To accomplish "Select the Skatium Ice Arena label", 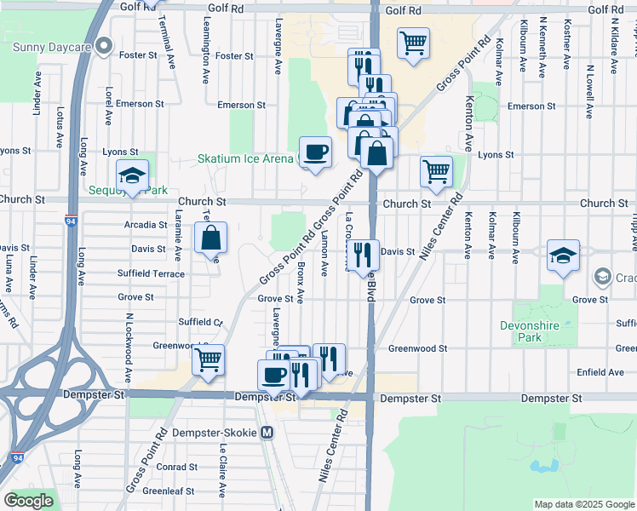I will pos(245,158).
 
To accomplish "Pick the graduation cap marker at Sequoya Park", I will pos(132,176).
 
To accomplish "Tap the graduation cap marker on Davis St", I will pos(563,256).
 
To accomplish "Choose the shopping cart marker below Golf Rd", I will pos(413,43).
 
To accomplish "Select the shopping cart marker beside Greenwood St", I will pos(208,361).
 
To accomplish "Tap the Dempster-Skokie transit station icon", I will pos(267,433).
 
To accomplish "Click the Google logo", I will pos(28,501).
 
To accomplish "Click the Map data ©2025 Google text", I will pos(584,504).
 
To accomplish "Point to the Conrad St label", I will pos(176,467).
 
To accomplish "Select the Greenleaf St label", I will pos(168,491).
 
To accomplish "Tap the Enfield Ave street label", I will pos(600,372).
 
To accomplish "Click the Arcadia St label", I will pos(146,225).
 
